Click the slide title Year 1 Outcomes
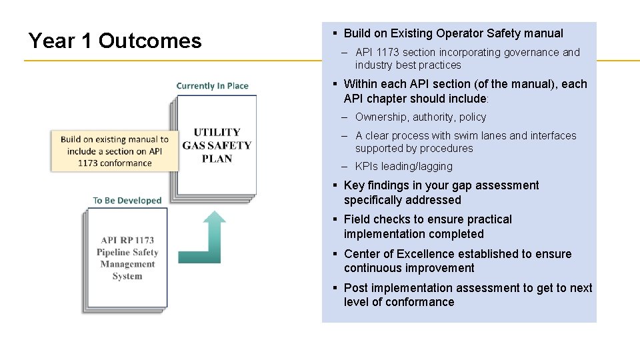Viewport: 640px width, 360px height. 115,41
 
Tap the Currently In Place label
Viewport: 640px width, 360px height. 212,86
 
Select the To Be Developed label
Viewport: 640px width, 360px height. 127,201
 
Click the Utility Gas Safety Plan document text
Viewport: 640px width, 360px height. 217,145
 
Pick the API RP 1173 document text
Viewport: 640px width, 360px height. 127,258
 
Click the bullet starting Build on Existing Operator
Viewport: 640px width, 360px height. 453,33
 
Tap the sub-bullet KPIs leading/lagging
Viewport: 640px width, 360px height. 403,167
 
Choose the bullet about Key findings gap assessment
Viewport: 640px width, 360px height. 441,193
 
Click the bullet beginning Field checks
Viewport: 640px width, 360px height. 427,227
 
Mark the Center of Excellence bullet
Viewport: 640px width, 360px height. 457,261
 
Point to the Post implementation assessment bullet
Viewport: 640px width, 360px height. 467,295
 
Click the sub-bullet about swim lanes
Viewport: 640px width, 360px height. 465,142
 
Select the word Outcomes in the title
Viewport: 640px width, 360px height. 150,41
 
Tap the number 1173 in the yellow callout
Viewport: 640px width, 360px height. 89,163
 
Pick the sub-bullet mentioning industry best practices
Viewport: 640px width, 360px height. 467,59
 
